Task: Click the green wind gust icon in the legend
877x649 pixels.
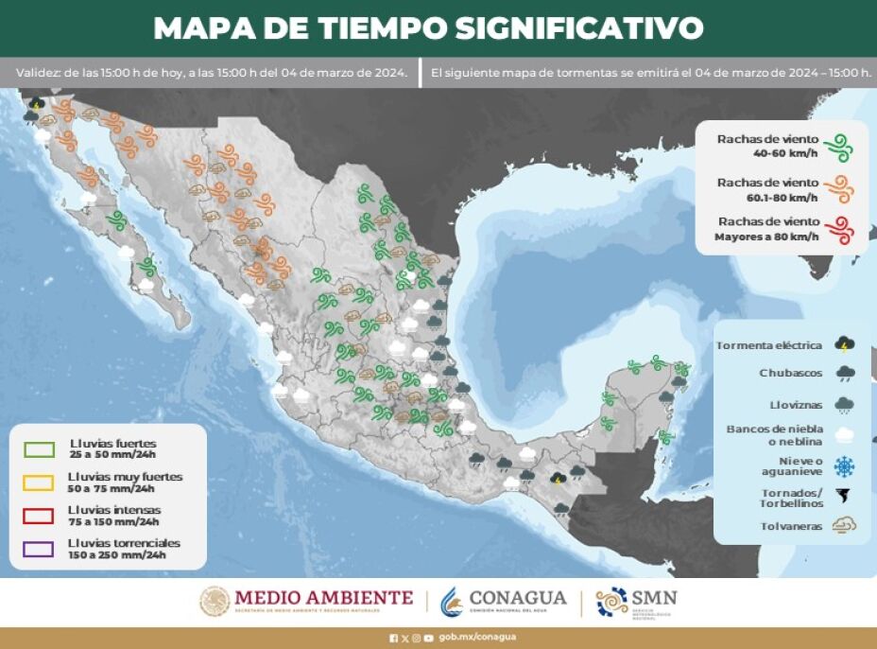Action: (x=838, y=147)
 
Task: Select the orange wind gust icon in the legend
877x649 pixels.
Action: (x=838, y=188)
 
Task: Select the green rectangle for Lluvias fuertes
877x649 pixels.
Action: (x=40, y=448)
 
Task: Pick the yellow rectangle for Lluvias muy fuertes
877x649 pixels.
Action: (x=40, y=482)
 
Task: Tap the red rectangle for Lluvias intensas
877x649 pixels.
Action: (x=40, y=516)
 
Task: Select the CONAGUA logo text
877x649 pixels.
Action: (x=518, y=598)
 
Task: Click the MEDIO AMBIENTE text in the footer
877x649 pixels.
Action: (x=323, y=598)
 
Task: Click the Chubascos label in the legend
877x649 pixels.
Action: (x=790, y=373)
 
